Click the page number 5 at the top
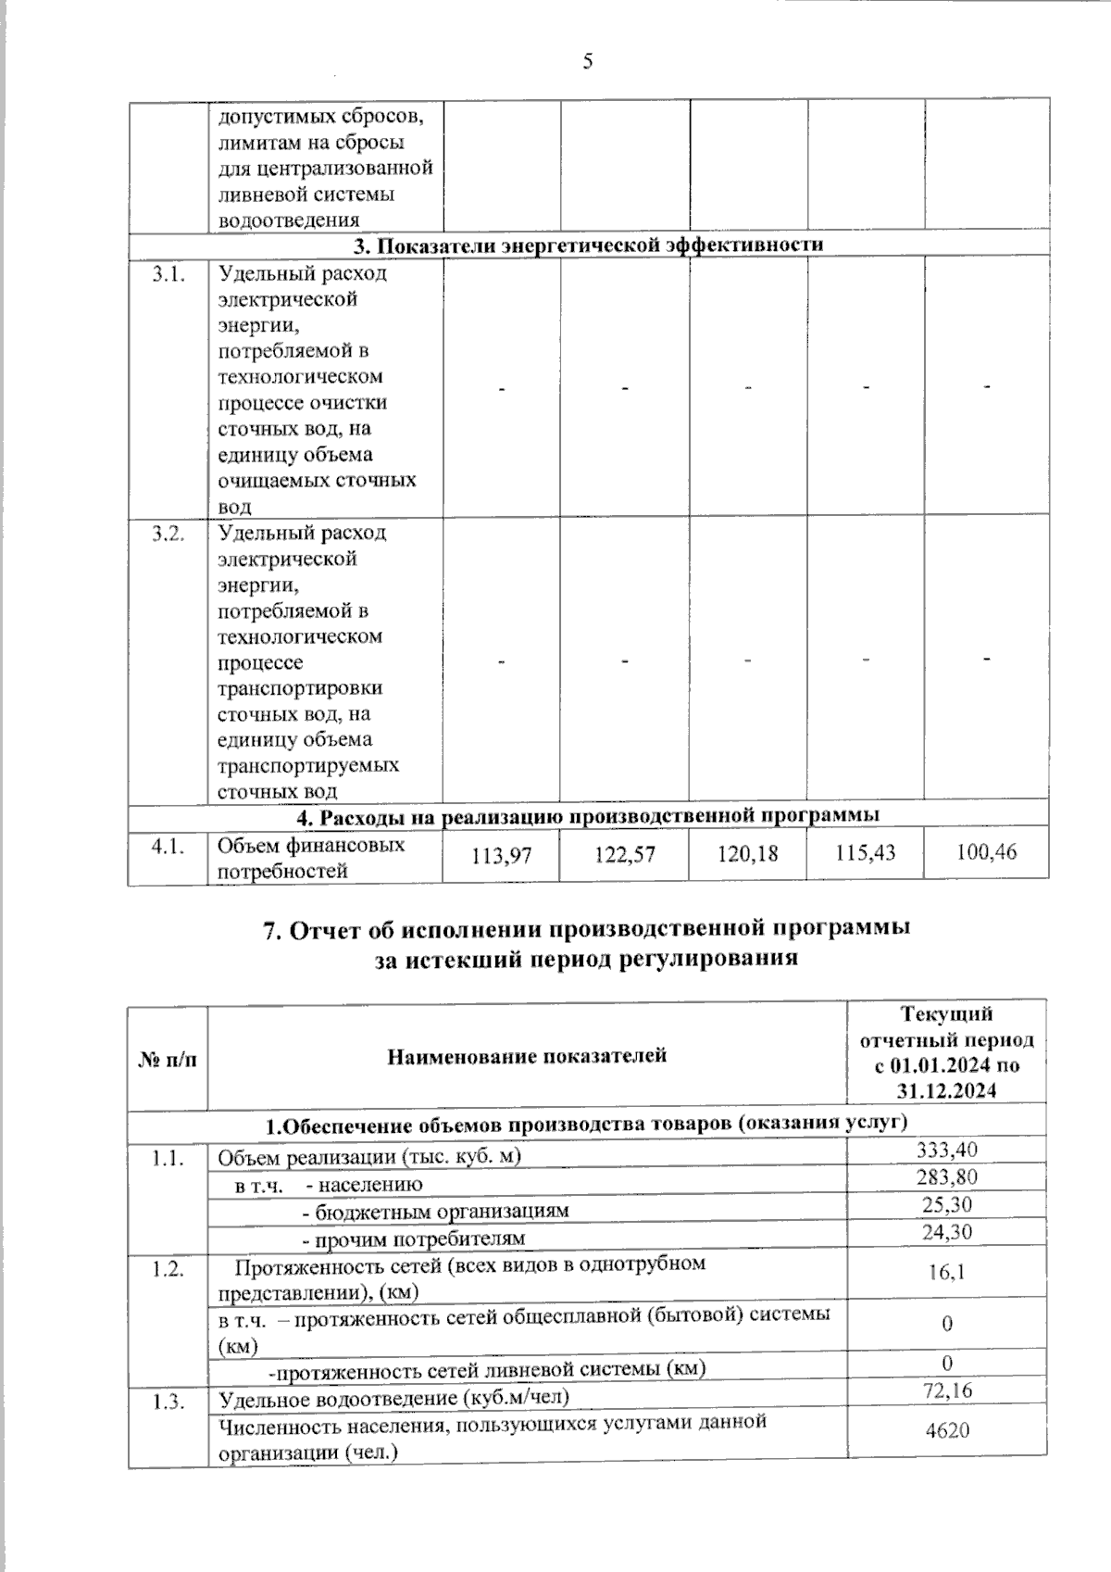tap(587, 62)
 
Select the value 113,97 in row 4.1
tap(502, 856)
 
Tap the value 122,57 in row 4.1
tap(624, 854)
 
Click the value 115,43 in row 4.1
tap(866, 851)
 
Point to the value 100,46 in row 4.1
tap(986, 850)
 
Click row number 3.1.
tap(168, 275)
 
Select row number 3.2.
tap(168, 534)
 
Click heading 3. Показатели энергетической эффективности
tap(589, 245)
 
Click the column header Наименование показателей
tap(527, 1055)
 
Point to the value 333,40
tap(947, 1150)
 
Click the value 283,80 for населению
tap(947, 1177)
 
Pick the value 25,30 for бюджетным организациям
tap(947, 1204)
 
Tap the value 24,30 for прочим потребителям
tap(947, 1231)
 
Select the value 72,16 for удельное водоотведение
tap(947, 1390)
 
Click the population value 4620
tap(947, 1430)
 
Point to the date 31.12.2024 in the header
tap(947, 1090)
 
